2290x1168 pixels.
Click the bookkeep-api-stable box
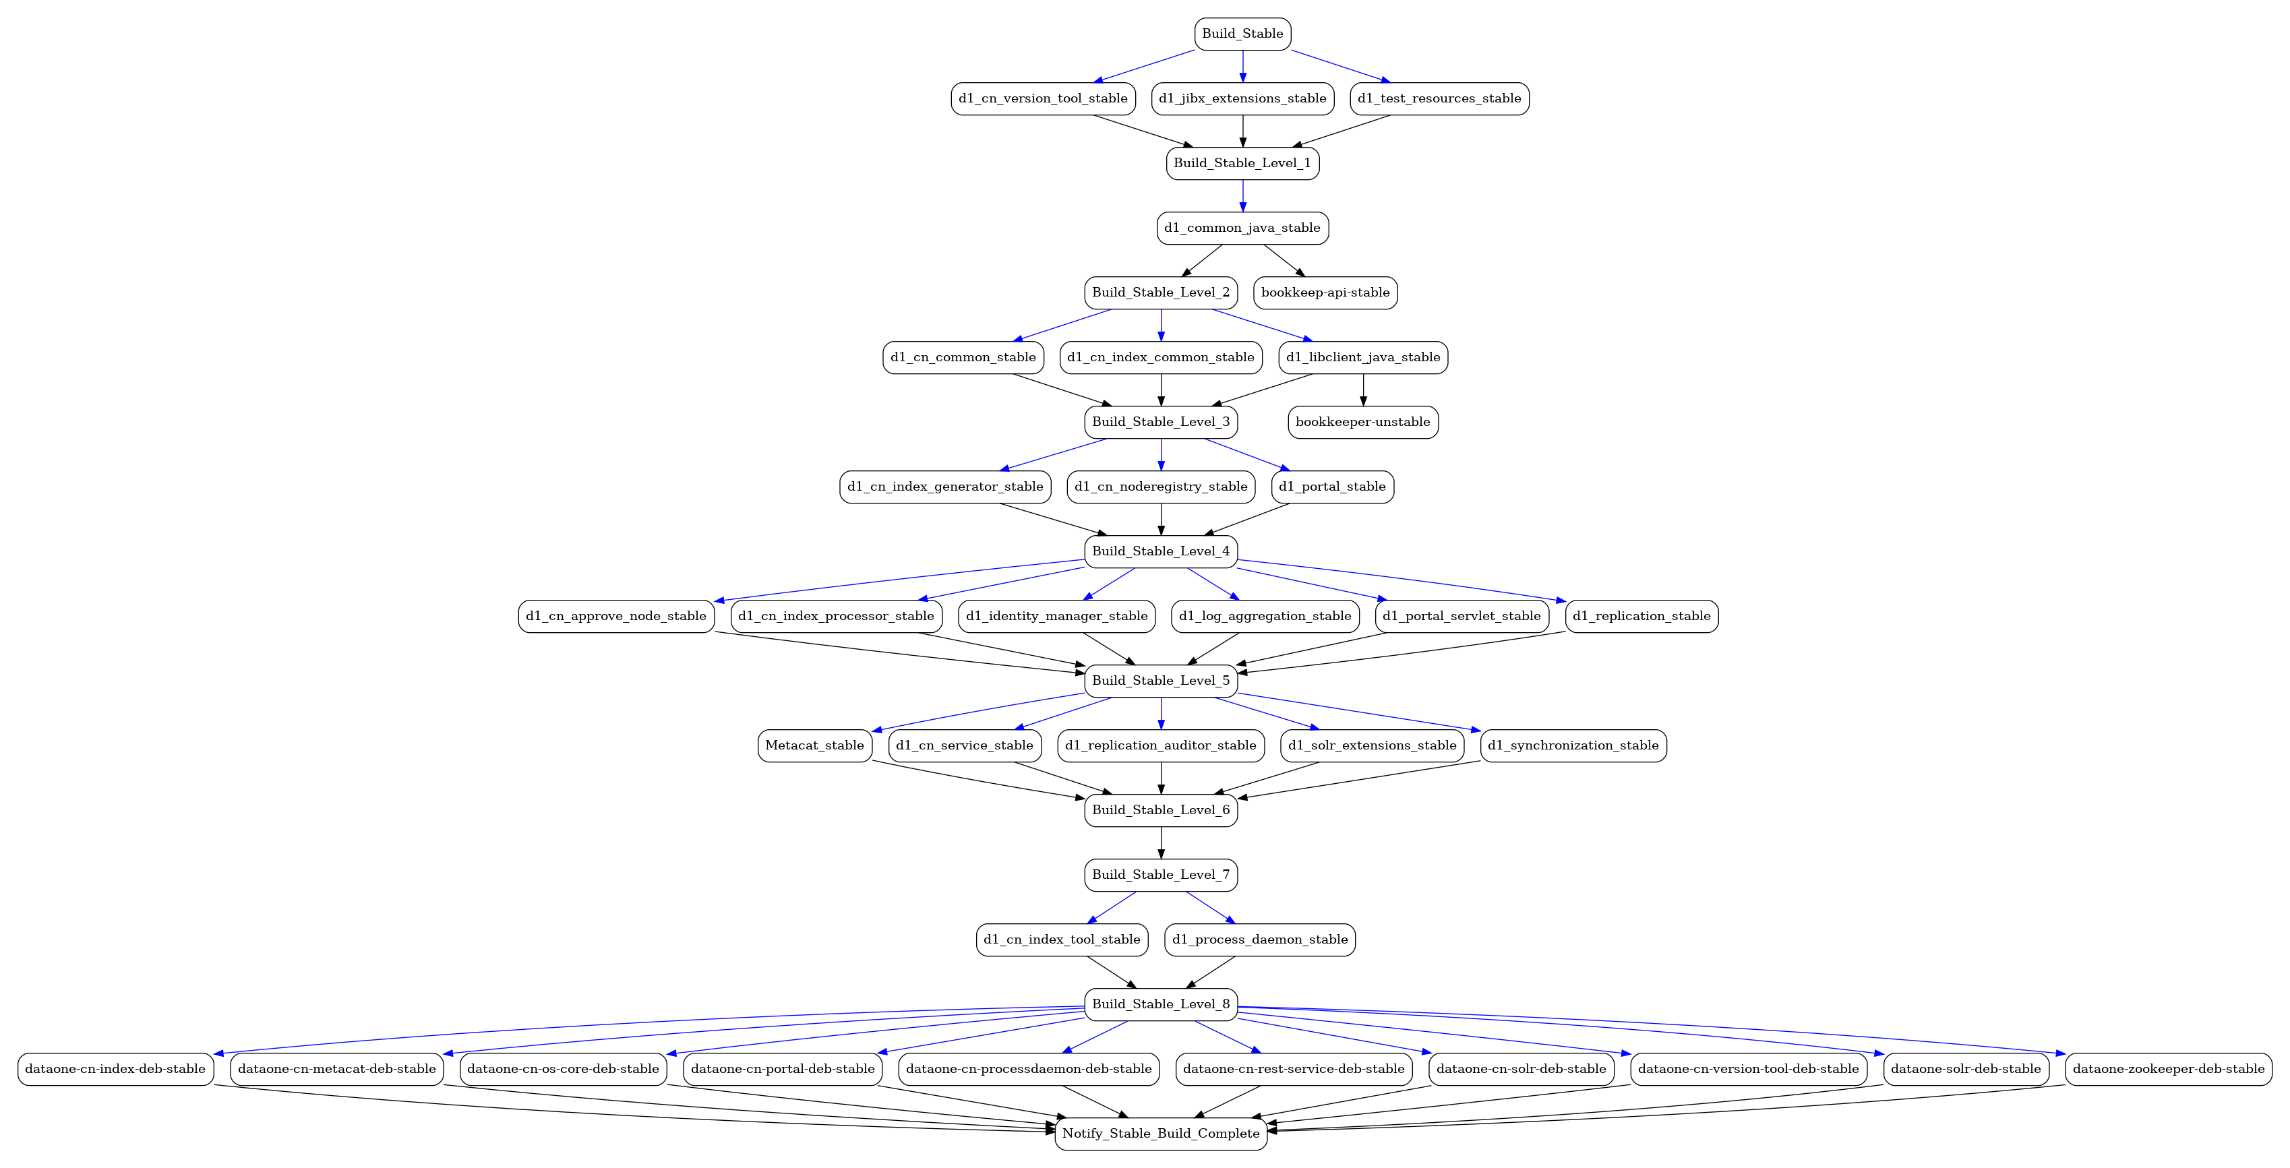(x=1325, y=293)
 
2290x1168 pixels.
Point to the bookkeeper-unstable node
(x=1363, y=422)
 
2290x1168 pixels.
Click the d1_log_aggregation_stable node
(x=1265, y=616)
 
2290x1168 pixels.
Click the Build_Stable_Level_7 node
(x=1161, y=875)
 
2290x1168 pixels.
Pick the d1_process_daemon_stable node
(x=1260, y=940)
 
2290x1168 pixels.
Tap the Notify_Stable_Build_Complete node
(x=1161, y=1134)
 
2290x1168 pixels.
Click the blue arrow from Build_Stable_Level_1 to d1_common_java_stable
(x=1243, y=196)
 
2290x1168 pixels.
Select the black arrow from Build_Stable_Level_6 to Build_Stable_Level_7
(x=1161, y=842)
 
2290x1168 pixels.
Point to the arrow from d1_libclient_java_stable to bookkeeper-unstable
(x=1363, y=390)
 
